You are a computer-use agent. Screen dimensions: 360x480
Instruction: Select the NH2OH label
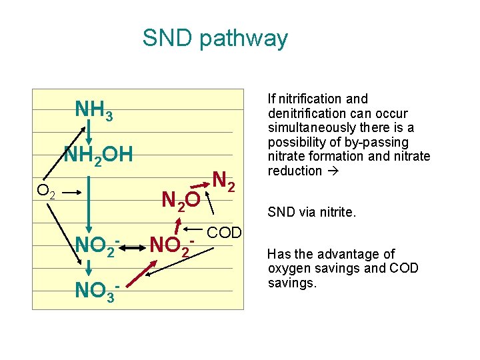click(x=98, y=156)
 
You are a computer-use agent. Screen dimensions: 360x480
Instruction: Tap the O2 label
click(x=46, y=192)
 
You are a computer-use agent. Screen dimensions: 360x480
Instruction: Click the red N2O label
click(x=180, y=199)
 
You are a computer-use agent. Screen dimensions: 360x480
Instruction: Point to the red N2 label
click(x=223, y=181)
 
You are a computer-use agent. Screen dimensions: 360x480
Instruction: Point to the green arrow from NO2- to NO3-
click(x=89, y=269)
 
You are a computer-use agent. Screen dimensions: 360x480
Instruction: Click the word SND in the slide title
click(x=166, y=38)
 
